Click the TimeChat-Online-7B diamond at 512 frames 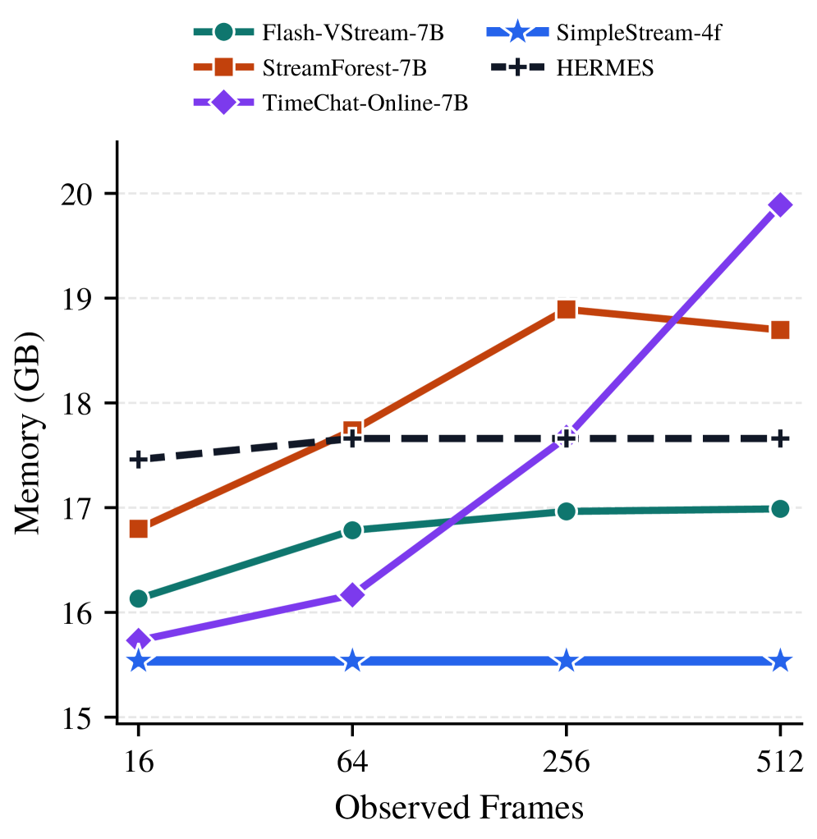(x=780, y=205)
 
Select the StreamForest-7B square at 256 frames (x=566, y=309)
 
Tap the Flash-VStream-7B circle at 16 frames (x=138, y=598)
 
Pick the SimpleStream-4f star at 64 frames (x=352, y=661)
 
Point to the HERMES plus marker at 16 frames (x=138, y=459)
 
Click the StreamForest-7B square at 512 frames (x=780, y=330)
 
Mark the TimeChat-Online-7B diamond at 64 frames (x=352, y=594)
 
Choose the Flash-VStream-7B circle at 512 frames (x=780, y=509)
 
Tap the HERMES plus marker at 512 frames (x=780, y=438)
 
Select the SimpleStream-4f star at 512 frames (x=780, y=661)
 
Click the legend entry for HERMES (x=605, y=69)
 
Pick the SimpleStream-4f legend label (x=638, y=34)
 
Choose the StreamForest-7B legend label (x=345, y=69)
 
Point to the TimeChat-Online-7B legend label (x=365, y=103)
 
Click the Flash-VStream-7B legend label (x=353, y=34)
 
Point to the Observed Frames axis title (x=459, y=808)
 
